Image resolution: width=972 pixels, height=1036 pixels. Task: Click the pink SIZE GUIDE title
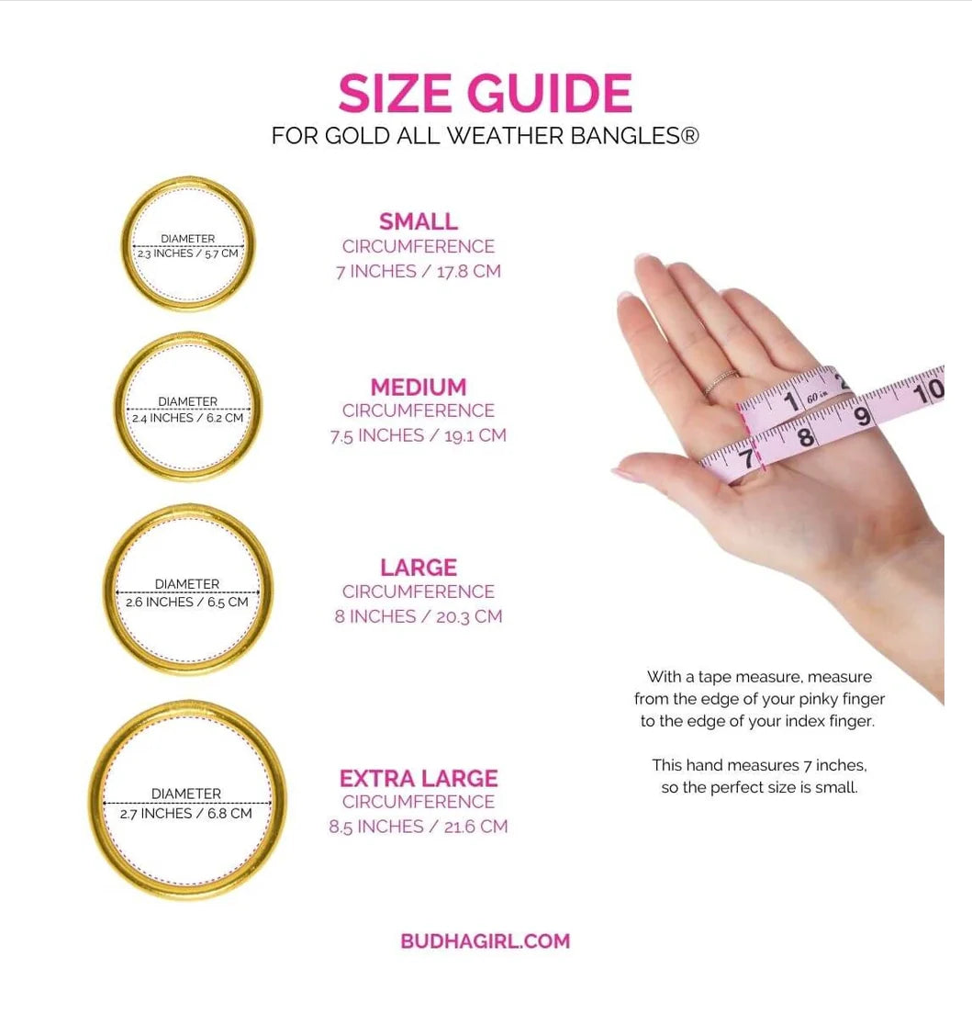click(486, 93)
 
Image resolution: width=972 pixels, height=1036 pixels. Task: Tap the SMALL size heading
click(418, 221)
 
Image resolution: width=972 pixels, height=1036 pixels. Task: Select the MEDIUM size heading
click(418, 387)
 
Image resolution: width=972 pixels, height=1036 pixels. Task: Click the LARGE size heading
click(418, 567)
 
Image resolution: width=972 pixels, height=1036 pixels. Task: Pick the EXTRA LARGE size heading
click(418, 778)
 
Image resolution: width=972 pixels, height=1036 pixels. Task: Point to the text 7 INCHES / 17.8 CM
click(418, 271)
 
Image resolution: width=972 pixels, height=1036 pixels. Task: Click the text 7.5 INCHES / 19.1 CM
click(418, 435)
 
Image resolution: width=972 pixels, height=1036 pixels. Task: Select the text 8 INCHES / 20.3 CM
click(418, 616)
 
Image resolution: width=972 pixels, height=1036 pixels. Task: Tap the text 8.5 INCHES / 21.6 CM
click(418, 827)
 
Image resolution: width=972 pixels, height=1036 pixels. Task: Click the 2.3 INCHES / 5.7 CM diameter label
click(187, 253)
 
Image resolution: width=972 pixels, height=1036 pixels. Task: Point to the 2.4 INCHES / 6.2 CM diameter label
click(187, 418)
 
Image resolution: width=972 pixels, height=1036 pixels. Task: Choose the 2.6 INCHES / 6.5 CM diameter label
click(187, 602)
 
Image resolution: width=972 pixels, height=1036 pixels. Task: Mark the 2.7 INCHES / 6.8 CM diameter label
click(185, 814)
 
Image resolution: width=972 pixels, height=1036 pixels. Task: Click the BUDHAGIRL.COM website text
click(486, 940)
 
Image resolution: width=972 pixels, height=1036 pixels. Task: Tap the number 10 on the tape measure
click(929, 390)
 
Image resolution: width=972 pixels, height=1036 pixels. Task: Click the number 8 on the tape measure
click(806, 437)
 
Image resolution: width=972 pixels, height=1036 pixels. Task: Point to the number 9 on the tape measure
click(863, 416)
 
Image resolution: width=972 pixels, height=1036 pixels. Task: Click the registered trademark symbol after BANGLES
click(689, 135)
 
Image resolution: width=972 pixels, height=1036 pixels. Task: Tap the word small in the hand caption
click(837, 787)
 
